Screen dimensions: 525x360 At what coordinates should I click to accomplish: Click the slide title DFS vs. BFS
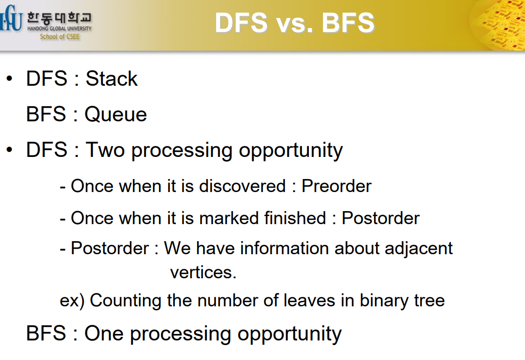[294, 23]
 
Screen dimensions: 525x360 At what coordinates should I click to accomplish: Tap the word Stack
[111, 79]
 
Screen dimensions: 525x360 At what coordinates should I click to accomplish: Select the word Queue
[115, 114]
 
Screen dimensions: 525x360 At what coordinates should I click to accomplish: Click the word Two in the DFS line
[105, 150]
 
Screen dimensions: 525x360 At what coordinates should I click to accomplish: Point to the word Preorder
[336, 186]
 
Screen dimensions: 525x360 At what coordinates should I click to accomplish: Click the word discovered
[242, 186]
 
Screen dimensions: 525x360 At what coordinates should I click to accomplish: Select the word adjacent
[419, 249]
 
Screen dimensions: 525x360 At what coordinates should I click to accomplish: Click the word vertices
[203, 272]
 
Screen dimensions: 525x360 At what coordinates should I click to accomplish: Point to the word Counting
[126, 300]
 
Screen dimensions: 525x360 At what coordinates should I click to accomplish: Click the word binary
[384, 300]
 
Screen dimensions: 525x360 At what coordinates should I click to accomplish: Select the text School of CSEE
[60, 37]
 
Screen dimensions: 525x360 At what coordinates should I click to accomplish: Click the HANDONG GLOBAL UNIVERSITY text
[59, 29]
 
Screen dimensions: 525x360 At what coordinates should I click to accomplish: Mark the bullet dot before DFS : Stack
[10, 79]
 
